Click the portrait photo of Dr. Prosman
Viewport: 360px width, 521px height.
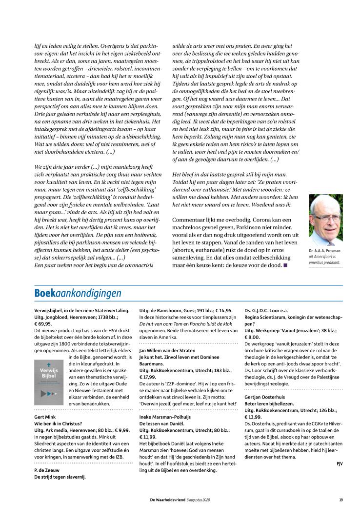[x=325, y=220]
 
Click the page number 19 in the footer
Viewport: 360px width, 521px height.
[x=340, y=499]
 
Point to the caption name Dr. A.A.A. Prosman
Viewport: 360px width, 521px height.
[x=324, y=251]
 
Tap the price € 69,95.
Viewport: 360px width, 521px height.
[x=43, y=323]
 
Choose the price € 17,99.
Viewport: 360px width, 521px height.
[x=148, y=377]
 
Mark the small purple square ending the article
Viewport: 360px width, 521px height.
[x=285, y=265]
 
